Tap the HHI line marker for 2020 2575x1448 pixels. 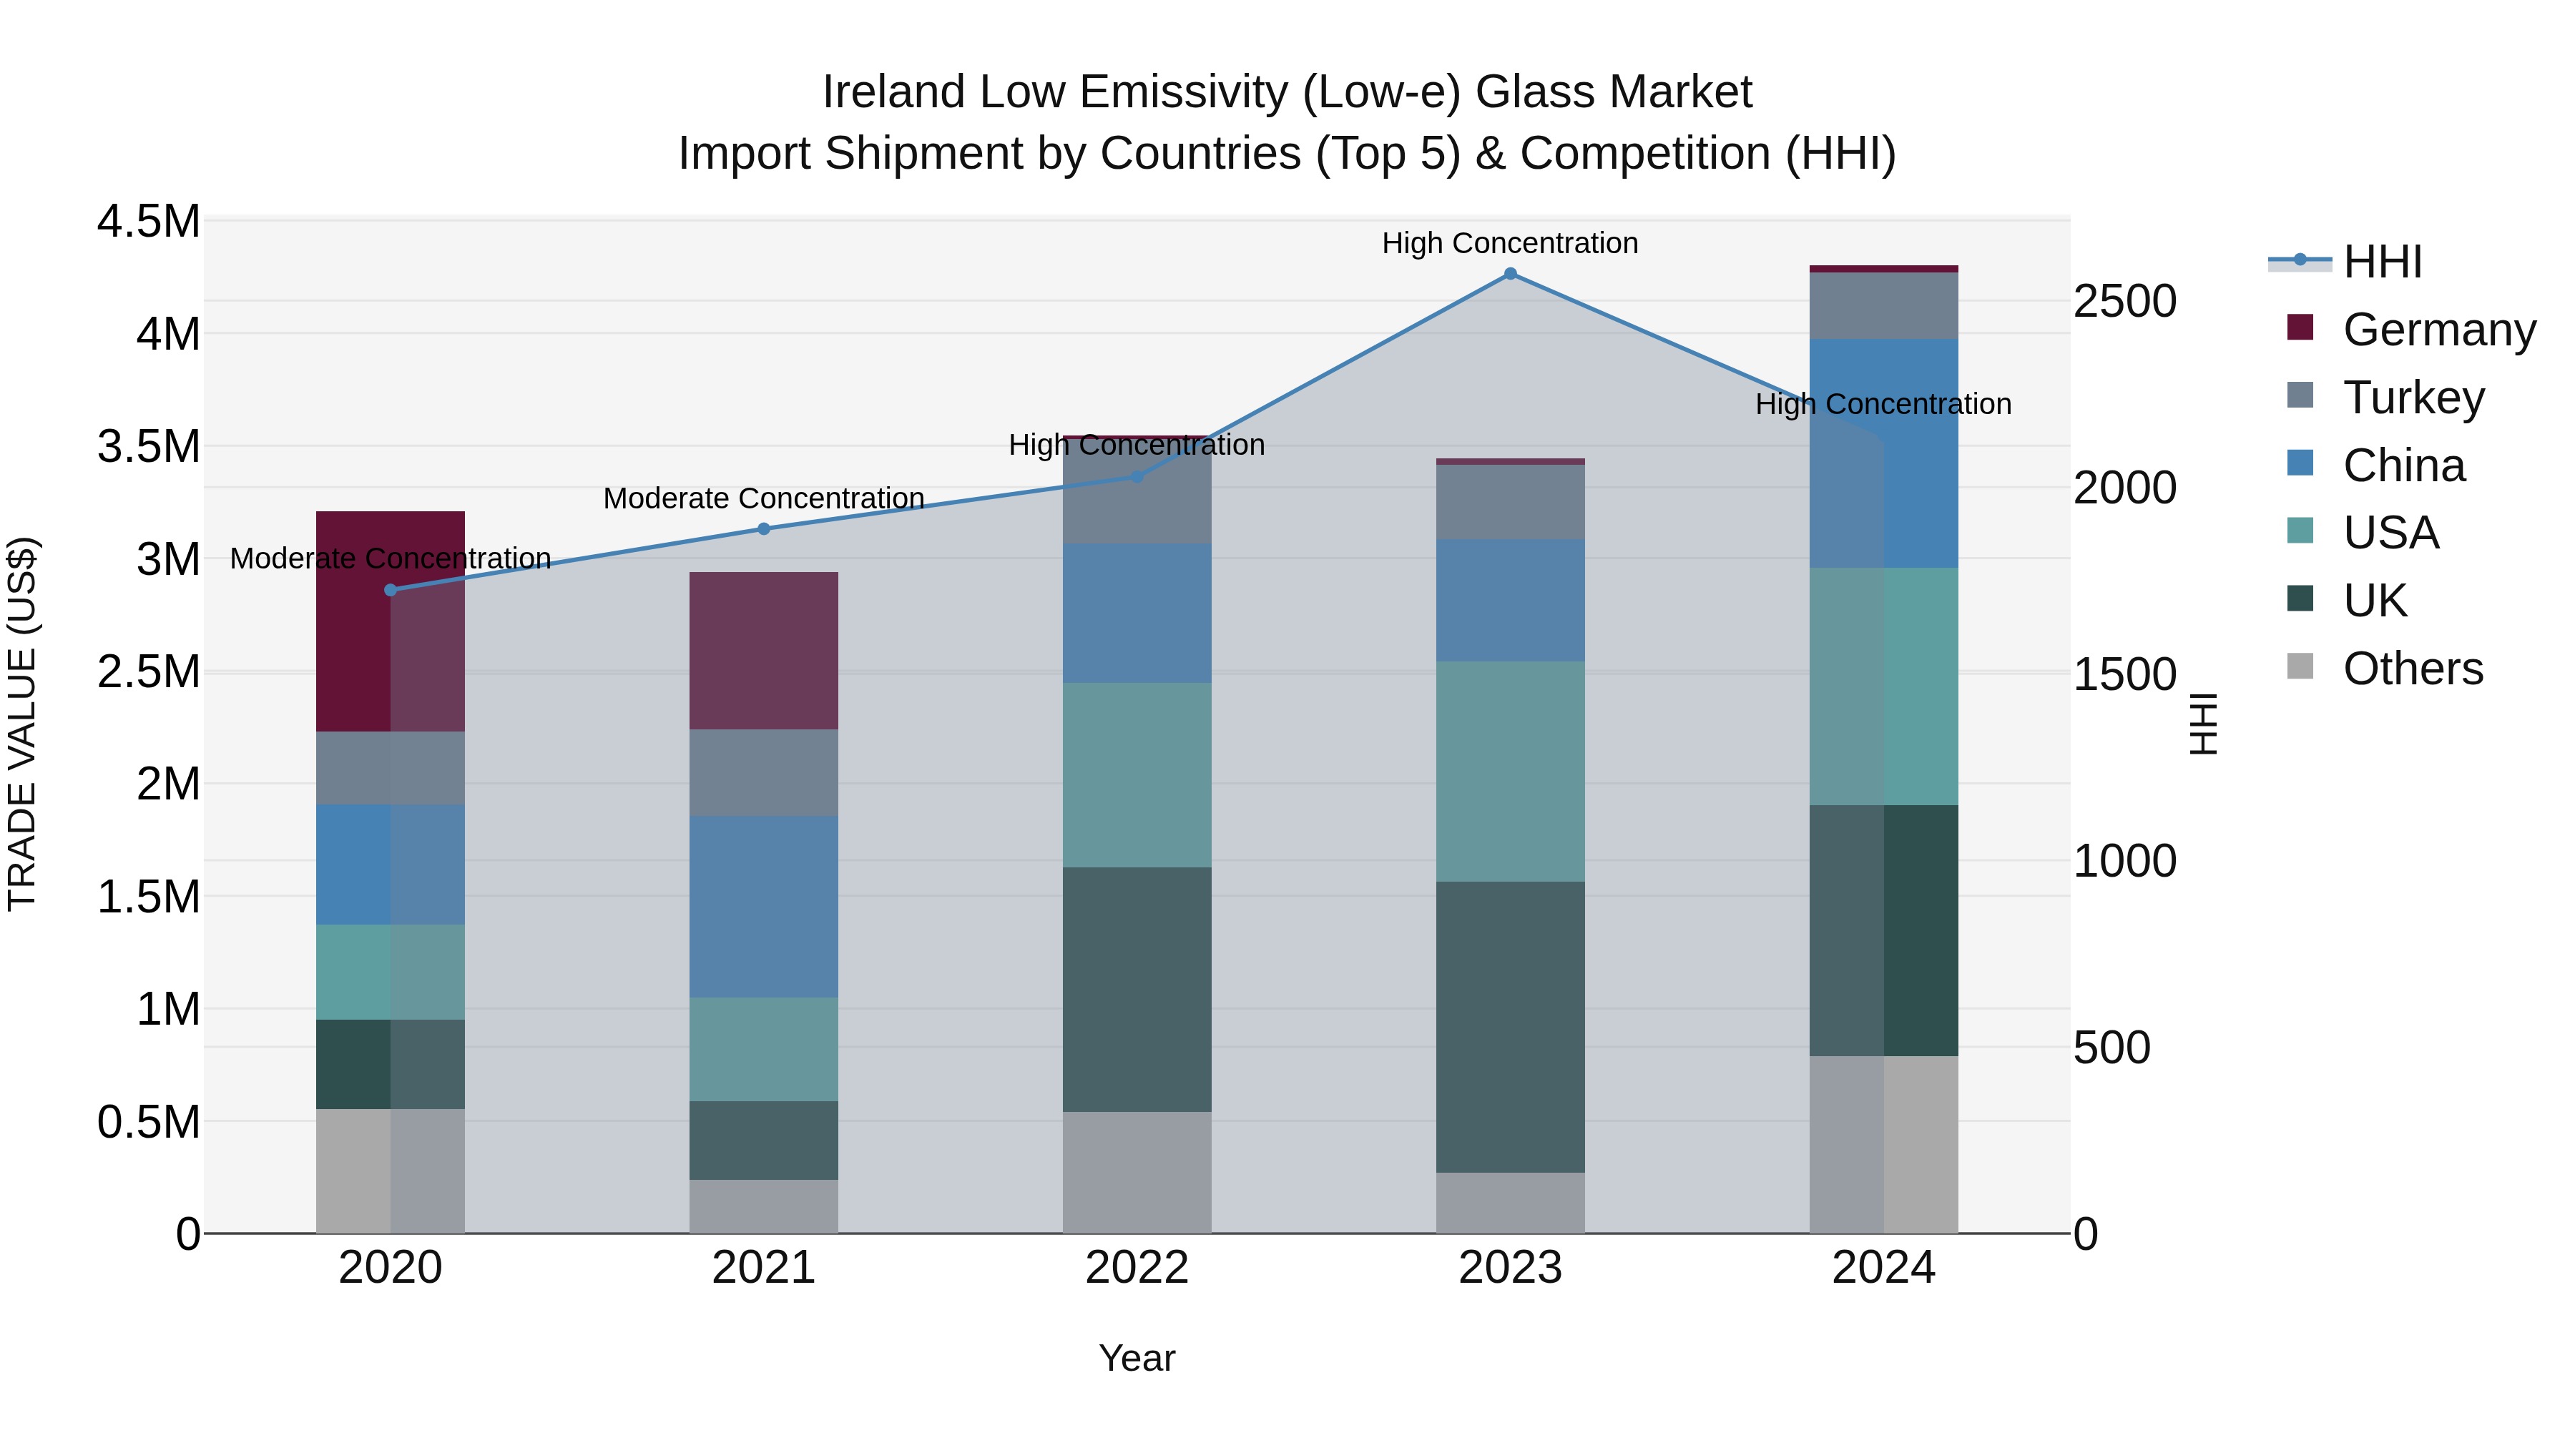pyautogui.click(x=391, y=590)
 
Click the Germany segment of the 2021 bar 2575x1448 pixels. pyautogui.click(x=764, y=651)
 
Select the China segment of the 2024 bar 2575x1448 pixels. pyautogui.click(x=1883, y=453)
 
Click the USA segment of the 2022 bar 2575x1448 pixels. pyautogui.click(x=1137, y=774)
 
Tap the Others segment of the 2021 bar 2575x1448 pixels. pyautogui.click(x=764, y=1206)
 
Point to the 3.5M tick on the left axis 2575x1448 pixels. pyautogui.click(x=148, y=447)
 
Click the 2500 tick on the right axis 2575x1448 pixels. pyautogui.click(x=2124, y=302)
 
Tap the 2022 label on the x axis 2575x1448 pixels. pyautogui.click(x=1137, y=1268)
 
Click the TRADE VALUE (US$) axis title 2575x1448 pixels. pyautogui.click(x=22, y=724)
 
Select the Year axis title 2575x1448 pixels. pyautogui.click(x=1137, y=1358)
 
